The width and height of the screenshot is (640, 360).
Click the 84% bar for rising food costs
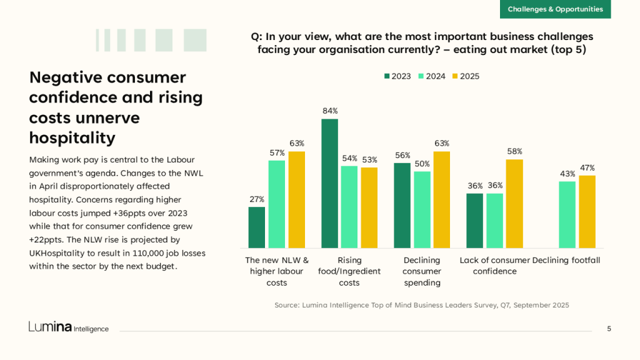[329, 183]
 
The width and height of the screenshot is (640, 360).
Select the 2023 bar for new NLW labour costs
[257, 227]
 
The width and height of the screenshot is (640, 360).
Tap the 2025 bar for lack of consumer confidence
[514, 204]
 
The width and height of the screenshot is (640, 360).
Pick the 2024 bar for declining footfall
[567, 214]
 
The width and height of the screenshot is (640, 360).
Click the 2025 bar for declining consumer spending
[442, 200]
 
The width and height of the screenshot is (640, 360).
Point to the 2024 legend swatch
[421, 76]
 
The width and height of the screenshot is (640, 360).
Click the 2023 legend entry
[397, 76]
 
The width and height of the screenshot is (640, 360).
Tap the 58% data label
[514, 151]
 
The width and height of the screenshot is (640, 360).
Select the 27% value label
[257, 199]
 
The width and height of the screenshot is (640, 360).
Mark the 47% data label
[587, 167]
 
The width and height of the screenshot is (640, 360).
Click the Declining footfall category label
[566, 260]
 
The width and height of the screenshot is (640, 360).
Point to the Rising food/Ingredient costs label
[349, 271]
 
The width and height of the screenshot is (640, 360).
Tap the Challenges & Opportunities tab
[555, 9]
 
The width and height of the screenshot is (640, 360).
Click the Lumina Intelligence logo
[68, 327]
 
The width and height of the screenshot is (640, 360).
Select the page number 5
[609, 329]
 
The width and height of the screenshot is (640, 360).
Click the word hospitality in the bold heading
[72, 137]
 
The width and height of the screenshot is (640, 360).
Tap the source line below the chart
[422, 305]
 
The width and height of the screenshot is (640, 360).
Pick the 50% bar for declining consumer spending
[422, 209]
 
